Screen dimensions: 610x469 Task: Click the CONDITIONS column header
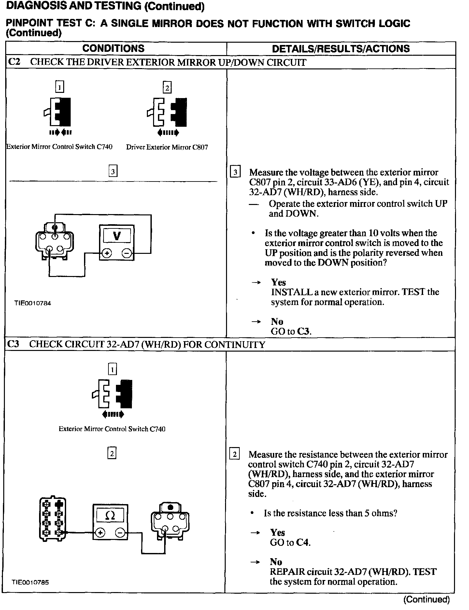113,49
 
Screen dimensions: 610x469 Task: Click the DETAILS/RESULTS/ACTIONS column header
341,49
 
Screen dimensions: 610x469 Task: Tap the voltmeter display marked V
117,235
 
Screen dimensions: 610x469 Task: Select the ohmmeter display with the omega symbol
110,515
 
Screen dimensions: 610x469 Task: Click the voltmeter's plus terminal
107,253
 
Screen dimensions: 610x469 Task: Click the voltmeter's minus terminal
127,253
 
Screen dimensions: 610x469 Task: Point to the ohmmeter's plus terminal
100,533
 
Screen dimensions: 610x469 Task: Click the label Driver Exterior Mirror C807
167,147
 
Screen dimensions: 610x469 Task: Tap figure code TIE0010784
33,303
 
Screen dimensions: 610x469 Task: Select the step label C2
14,62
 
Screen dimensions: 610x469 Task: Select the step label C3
13,344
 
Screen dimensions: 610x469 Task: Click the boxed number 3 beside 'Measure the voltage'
235,172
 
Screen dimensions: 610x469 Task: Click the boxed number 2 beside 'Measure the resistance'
234,454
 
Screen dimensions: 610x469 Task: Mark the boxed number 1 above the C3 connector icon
112,369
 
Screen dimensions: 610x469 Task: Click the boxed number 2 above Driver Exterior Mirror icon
167,88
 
